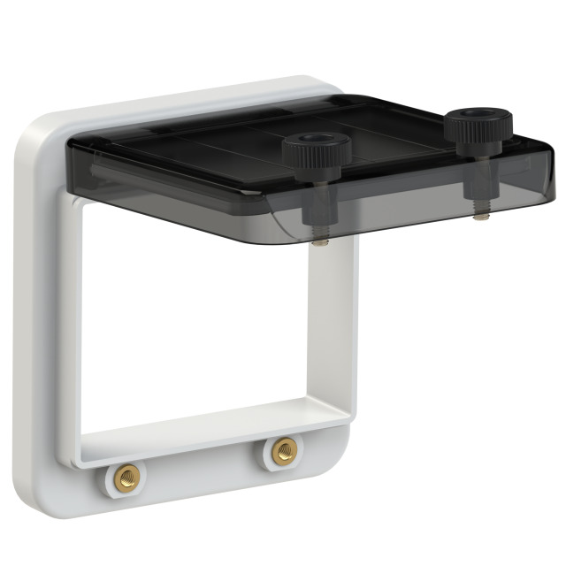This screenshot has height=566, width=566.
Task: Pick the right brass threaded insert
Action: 284,451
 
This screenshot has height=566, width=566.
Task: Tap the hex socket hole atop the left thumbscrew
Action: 314,139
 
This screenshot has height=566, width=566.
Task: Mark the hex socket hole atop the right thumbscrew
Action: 479,115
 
